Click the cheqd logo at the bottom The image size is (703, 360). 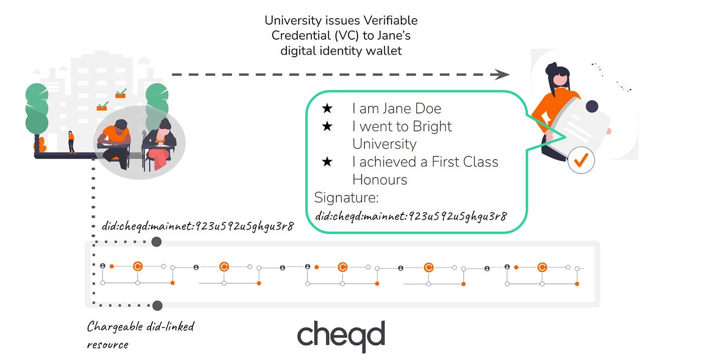[x=341, y=335]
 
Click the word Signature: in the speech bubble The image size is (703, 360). [x=346, y=198]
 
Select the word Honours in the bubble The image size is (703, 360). [x=380, y=180]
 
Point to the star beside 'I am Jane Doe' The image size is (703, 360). [x=327, y=108]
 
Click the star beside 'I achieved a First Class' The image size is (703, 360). [x=327, y=162]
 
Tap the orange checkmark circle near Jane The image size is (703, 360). [x=581, y=160]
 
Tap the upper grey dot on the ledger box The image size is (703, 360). [x=157, y=242]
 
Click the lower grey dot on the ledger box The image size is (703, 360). [x=157, y=305]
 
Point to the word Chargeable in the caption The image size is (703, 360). [x=115, y=327]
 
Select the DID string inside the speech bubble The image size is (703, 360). [x=411, y=216]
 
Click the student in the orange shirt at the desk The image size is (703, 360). [x=115, y=143]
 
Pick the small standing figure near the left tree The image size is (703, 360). [x=71, y=142]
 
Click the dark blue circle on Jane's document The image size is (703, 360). [x=592, y=106]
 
